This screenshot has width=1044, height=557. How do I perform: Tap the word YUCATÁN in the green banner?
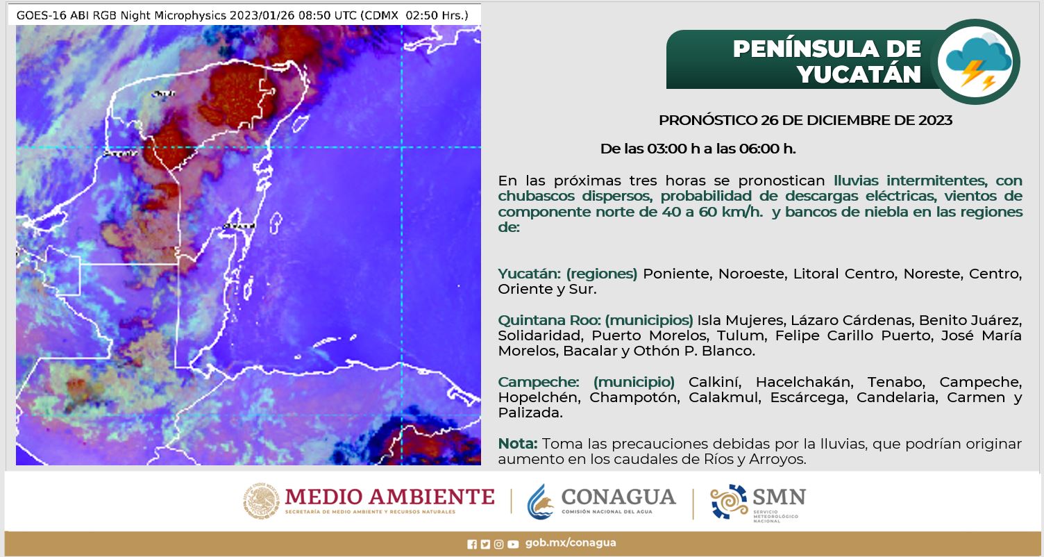point(859,74)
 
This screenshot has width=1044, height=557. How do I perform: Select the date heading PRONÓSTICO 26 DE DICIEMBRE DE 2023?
point(805,120)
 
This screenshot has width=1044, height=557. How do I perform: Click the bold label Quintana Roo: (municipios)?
point(596,320)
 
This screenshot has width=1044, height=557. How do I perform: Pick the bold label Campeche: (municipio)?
point(587,382)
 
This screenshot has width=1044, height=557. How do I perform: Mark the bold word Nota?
point(517,443)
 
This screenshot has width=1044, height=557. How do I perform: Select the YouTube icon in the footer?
point(513,544)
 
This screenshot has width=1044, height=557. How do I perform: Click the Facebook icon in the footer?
point(472,544)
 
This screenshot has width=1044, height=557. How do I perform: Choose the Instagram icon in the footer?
point(498,544)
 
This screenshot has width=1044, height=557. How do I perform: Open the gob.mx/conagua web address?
point(571,543)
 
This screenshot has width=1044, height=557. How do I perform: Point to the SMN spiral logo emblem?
point(729,501)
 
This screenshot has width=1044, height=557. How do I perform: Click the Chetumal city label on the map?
point(239,226)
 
